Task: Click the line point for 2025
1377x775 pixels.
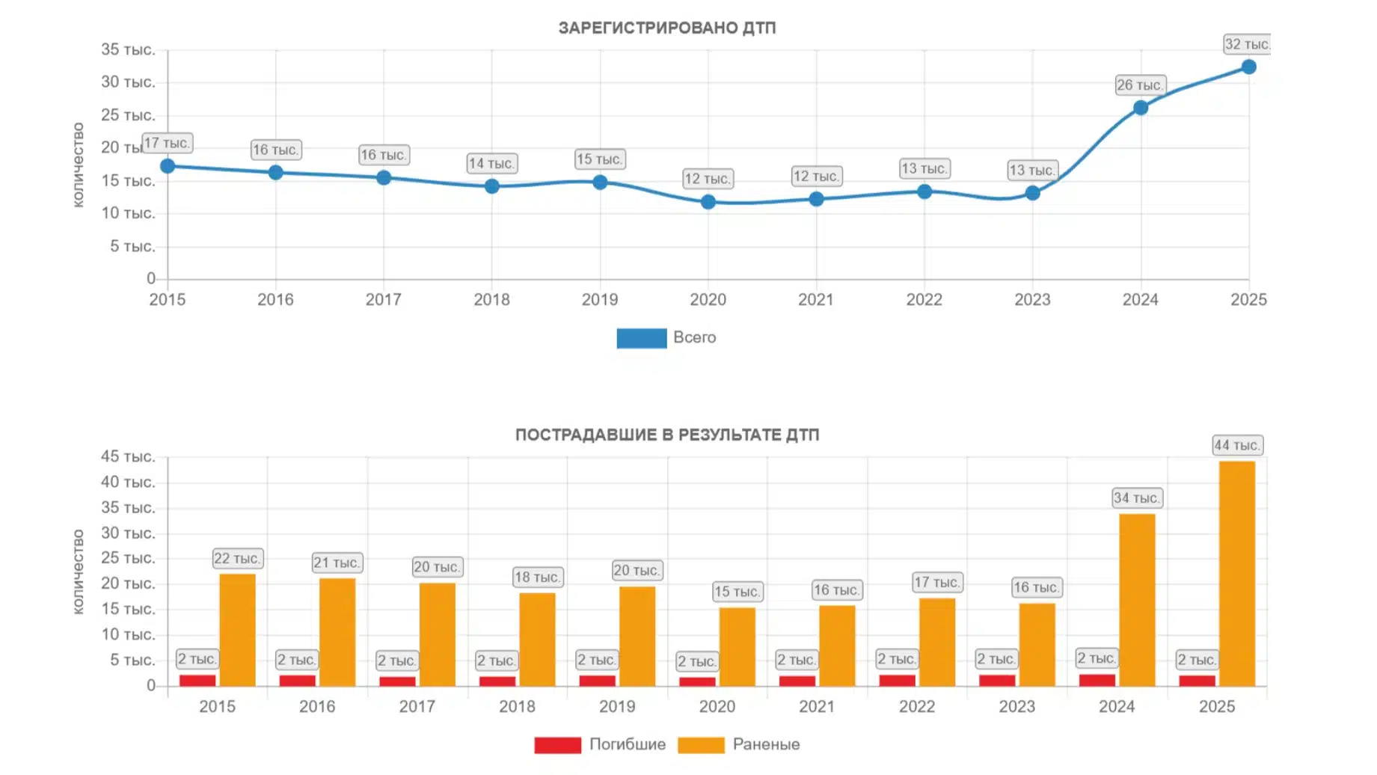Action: click(1248, 67)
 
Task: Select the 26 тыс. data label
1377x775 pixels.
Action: click(1139, 85)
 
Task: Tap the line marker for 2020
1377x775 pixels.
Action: click(708, 202)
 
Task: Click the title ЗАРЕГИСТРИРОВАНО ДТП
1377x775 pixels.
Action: click(666, 28)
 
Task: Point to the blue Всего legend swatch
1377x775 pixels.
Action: click(641, 338)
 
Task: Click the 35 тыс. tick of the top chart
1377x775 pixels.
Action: click(128, 50)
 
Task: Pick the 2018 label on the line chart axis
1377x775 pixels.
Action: click(491, 300)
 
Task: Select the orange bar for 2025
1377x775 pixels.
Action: click(1236, 573)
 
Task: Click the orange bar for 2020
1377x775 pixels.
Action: click(737, 646)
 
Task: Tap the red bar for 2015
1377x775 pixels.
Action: click(197, 680)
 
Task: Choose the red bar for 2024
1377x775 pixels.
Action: click(1097, 680)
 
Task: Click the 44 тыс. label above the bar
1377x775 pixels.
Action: click(1236, 446)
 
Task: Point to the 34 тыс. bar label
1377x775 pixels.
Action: click(1136, 498)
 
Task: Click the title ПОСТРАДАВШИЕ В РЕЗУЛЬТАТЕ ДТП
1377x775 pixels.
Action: click(666, 435)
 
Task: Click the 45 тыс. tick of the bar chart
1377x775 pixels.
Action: click(128, 457)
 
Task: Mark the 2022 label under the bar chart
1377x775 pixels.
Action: click(916, 707)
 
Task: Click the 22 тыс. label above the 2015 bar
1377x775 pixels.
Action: click(237, 559)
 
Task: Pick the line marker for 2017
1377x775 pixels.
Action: click(384, 178)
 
